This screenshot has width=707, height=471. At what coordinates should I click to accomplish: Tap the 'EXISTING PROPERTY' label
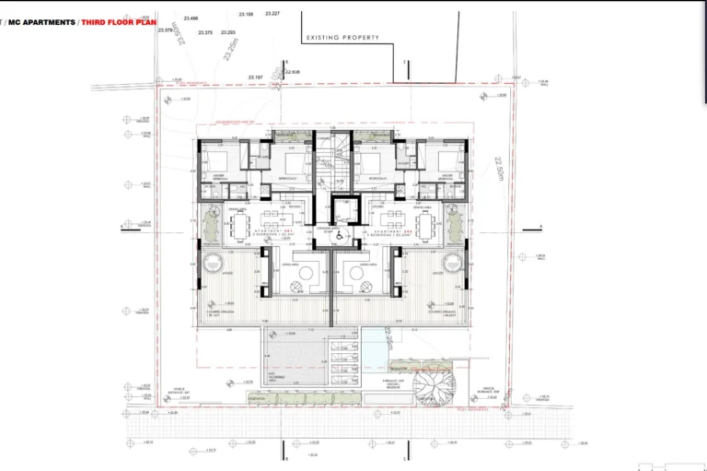pos(342,38)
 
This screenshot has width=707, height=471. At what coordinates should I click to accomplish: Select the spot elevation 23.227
pos(273,14)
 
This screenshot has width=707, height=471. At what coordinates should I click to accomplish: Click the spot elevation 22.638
pos(293,71)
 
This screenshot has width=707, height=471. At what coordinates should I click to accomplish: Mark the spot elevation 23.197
pos(256,77)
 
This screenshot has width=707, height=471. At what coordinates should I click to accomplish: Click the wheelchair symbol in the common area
pos(339,236)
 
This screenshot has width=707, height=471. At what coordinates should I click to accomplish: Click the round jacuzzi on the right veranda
pos(452,264)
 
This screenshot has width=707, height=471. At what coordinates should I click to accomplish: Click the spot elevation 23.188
pos(246,15)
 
